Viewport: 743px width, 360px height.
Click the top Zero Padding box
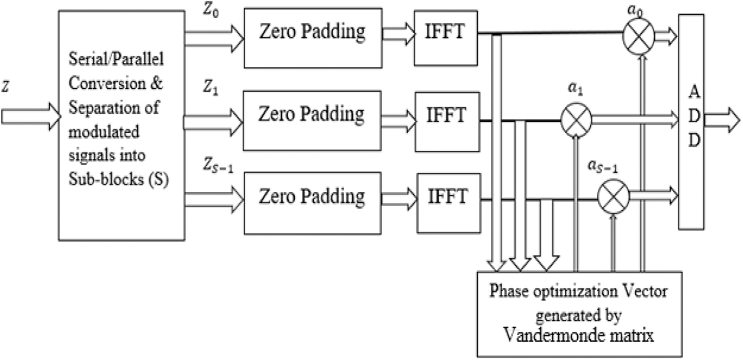pos(313,38)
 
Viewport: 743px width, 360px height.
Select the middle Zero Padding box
pos(312,120)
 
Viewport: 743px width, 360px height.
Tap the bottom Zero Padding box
pos(313,203)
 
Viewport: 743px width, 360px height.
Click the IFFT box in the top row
pos(446,38)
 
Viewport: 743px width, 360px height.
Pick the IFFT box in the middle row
pos(448,122)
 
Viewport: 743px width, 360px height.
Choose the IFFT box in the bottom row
pos(449,203)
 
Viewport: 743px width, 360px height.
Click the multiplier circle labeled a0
pos(639,37)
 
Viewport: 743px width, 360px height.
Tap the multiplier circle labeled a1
pos(576,120)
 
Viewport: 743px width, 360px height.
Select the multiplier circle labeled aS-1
pos(613,197)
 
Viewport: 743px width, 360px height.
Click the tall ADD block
pos(691,122)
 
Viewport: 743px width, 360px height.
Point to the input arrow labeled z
pos(31,117)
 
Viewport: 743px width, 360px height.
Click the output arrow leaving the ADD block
pos(722,120)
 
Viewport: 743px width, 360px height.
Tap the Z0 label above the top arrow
pos(211,10)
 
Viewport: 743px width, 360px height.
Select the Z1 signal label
pos(211,88)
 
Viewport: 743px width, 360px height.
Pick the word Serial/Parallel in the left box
pos(116,59)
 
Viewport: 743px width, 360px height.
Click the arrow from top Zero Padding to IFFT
pos(398,34)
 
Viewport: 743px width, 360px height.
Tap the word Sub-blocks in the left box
pos(106,179)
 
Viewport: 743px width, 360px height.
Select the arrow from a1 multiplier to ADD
pos(635,120)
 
